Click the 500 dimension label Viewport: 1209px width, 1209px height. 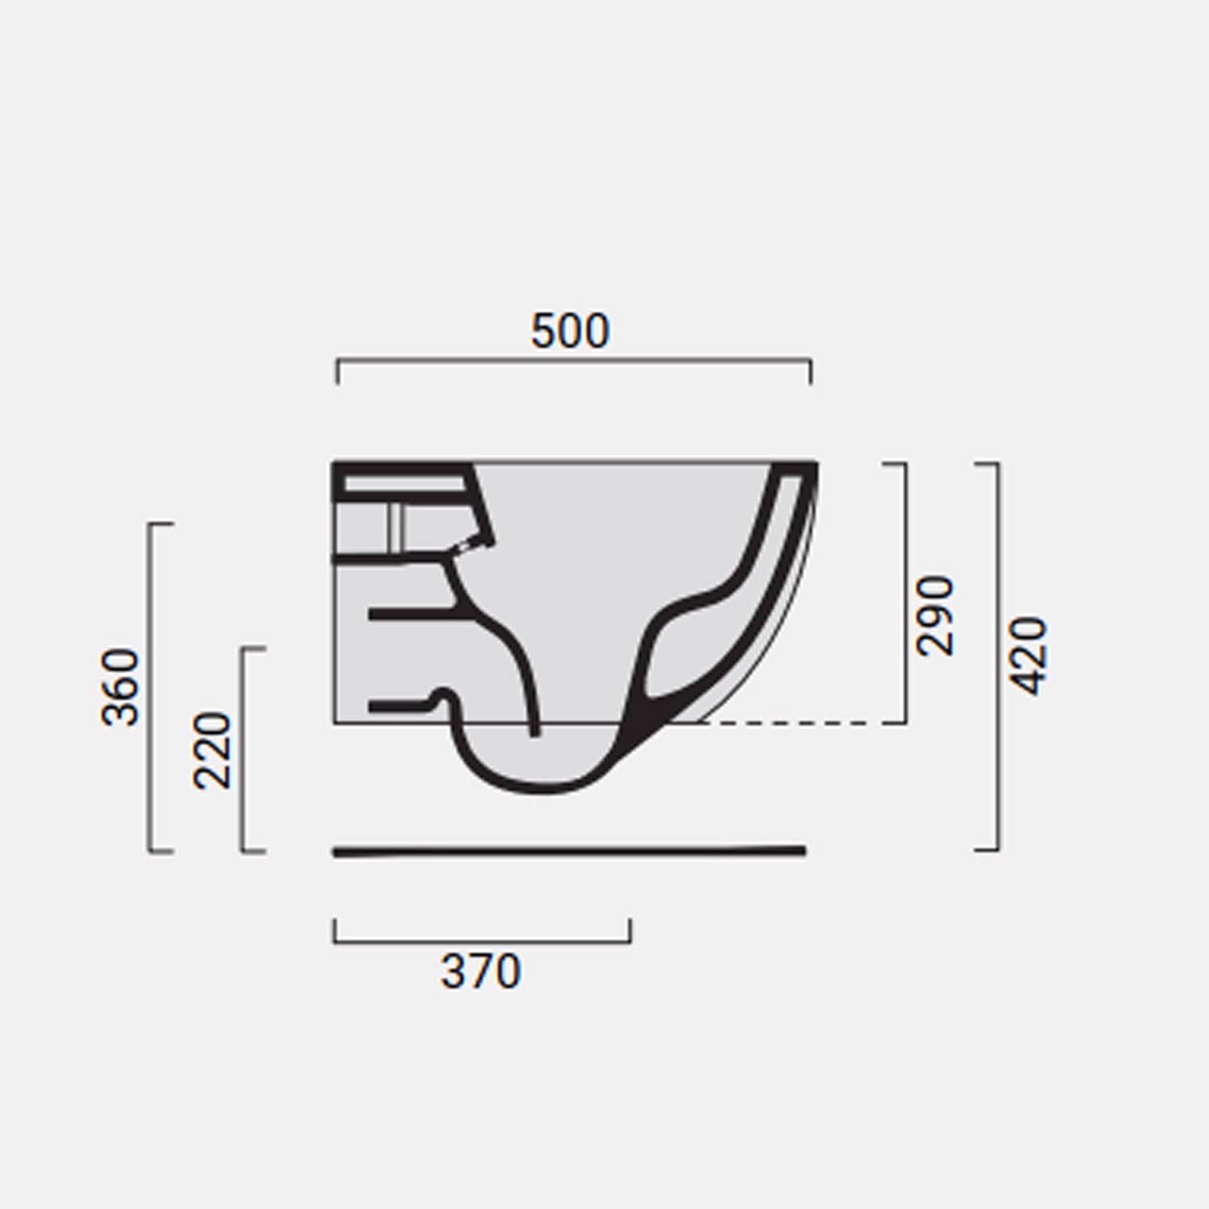pyautogui.click(x=570, y=331)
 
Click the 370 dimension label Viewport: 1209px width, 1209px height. pyautogui.click(x=480, y=971)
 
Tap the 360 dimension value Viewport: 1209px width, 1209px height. pyautogui.click(x=121, y=687)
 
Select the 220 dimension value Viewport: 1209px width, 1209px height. pyautogui.click(x=213, y=750)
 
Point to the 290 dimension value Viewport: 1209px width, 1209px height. pyautogui.click(x=936, y=616)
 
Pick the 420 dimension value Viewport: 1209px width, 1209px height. pyautogui.click(x=1028, y=655)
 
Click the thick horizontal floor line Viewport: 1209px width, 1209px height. pyautogui.click(x=569, y=851)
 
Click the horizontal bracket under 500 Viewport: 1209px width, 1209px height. pyautogui.click(x=574, y=361)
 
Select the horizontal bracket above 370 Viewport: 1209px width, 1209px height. pyautogui.click(x=482, y=941)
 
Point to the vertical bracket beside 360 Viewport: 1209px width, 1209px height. pyautogui.click(x=151, y=687)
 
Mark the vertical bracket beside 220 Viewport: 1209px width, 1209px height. pyautogui.click(x=243, y=750)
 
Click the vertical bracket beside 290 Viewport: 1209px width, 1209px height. pyautogui.click(x=905, y=592)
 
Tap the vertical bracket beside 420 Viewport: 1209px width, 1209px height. pyautogui.click(x=998, y=655)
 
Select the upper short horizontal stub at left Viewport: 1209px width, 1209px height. pyautogui.click(x=407, y=614)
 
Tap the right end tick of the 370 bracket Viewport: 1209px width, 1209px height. pyautogui.click(x=630, y=929)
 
